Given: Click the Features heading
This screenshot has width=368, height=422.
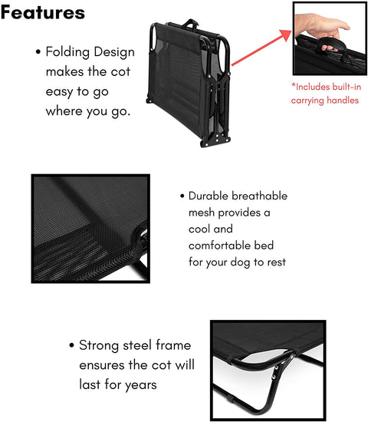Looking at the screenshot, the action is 43,12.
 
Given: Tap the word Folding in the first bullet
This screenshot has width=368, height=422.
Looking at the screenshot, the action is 67,52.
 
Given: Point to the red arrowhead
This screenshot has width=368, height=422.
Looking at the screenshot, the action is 286,35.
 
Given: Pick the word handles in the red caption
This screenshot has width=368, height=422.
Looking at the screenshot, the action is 342,101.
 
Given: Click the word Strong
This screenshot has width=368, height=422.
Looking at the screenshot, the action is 99,345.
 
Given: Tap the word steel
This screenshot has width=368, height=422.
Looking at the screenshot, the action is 137,345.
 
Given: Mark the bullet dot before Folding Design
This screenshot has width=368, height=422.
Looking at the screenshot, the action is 38,51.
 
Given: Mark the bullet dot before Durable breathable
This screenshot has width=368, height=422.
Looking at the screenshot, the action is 182,196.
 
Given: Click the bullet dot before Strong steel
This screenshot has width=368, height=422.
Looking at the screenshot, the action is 71,345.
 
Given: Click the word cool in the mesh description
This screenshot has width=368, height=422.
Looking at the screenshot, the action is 199,229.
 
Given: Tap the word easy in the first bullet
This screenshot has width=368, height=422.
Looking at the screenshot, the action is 60,92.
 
